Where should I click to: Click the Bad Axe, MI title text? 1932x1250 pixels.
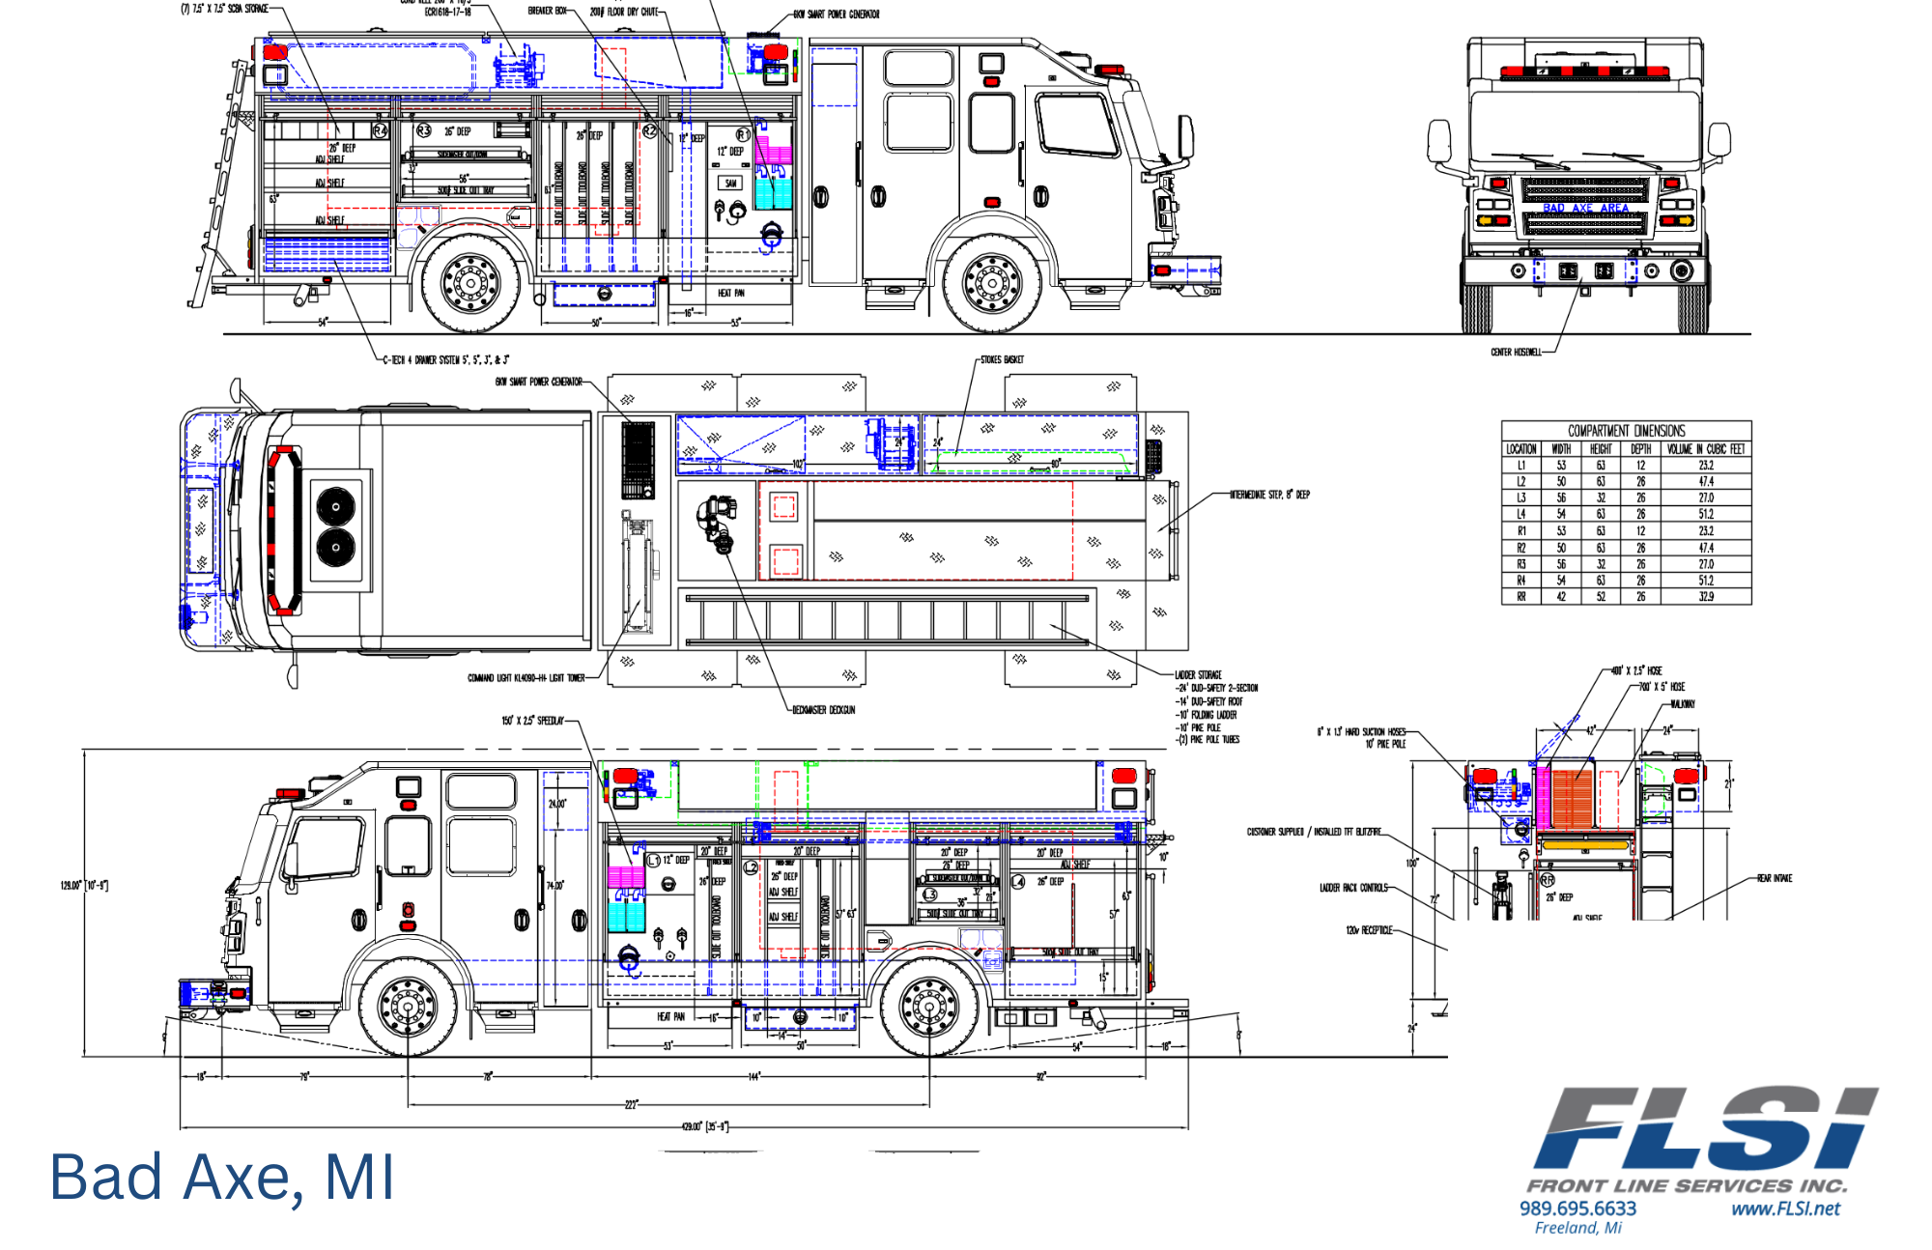[221, 1178]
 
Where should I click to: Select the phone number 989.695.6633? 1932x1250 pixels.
[1577, 1208]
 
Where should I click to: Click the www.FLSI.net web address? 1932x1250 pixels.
[1785, 1208]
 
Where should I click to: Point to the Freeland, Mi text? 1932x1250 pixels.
[1577, 1228]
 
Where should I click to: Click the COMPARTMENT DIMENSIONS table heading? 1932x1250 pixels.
[1626, 431]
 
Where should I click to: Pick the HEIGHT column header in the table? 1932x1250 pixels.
[1601, 449]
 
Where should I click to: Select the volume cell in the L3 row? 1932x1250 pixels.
[1706, 497]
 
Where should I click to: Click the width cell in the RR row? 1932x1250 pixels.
[1561, 597]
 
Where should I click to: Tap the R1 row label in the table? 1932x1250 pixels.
[1521, 531]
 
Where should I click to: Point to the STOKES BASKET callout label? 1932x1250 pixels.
[1002, 359]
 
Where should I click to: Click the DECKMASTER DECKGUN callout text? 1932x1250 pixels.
[823, 710]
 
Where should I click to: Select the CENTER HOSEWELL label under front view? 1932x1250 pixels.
[1516, 353]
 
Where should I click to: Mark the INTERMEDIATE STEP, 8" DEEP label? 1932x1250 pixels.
[1269, 495]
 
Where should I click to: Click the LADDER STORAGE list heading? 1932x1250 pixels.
[1198, 675]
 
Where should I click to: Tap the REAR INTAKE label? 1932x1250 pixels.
[1775, 878]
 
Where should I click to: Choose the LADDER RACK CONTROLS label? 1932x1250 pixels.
[1353, 888]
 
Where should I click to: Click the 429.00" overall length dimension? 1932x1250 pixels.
[704, 1126]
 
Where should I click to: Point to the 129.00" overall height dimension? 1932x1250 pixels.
[84, 885]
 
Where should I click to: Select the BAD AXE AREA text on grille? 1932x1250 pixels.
[1585, 208]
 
